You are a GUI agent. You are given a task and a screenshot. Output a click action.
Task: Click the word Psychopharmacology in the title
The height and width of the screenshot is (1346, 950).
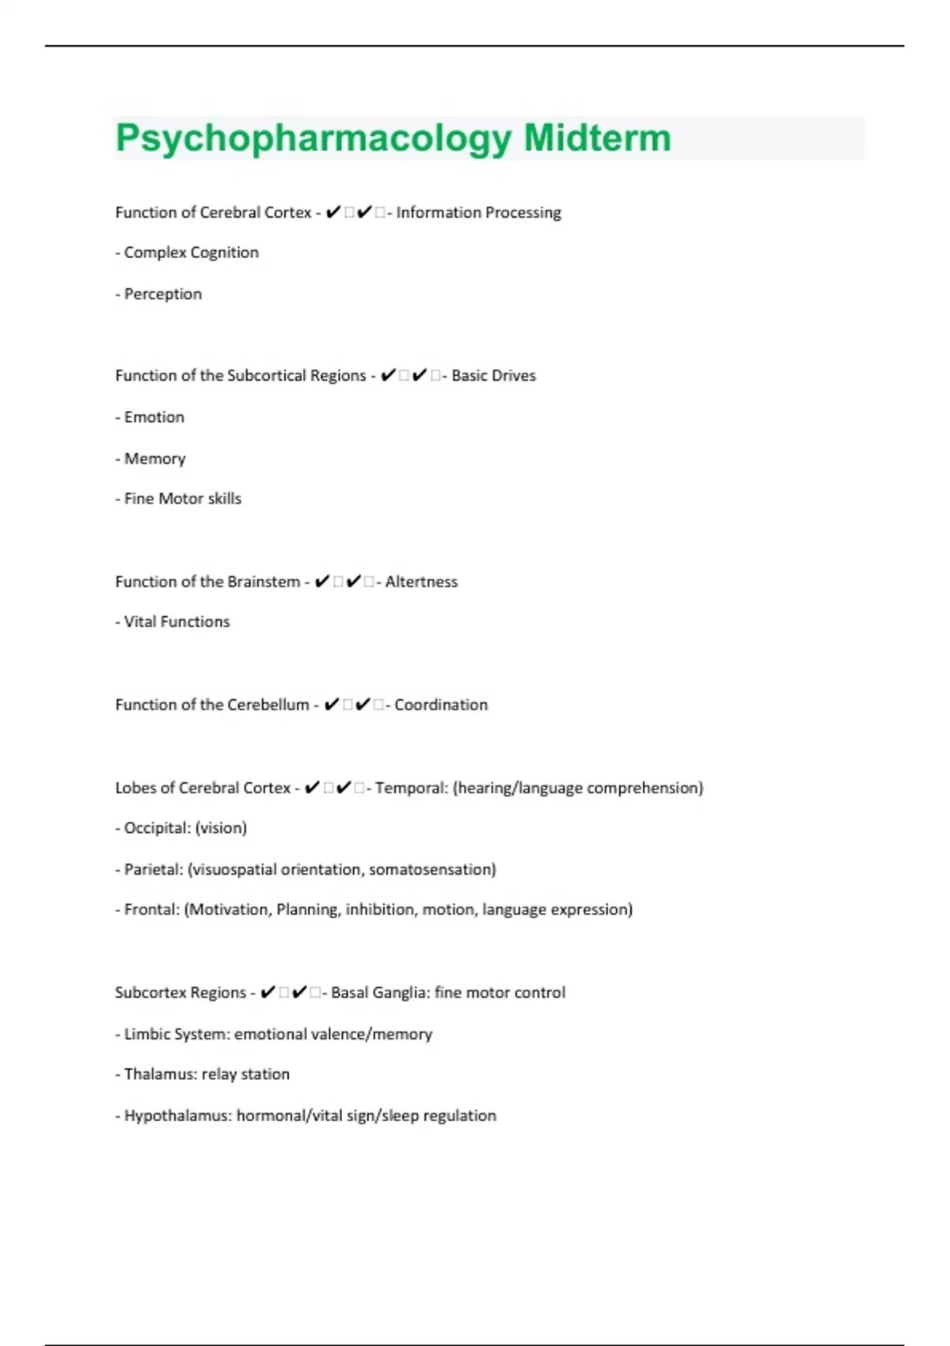(313, 139)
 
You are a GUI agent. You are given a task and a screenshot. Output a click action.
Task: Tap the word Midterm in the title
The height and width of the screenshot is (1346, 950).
(597, 138)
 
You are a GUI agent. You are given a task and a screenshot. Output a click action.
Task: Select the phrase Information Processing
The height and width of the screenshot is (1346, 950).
(478, 212)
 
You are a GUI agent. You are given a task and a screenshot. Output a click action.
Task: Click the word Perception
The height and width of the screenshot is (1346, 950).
(163, 294)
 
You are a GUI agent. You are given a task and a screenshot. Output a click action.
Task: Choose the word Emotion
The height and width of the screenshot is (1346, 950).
(154, 417)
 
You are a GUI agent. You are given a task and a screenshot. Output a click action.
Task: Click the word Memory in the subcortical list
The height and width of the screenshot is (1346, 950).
(155, 459)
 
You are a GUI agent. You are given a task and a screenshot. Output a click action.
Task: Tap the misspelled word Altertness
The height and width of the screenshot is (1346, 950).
(421, 582)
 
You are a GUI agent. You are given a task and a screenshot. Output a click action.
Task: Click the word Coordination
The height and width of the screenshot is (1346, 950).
(441, 705)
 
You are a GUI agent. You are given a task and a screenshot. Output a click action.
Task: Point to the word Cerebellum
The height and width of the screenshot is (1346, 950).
(267, 705)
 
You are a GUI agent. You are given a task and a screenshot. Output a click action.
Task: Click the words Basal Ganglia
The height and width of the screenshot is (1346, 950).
(379, 993)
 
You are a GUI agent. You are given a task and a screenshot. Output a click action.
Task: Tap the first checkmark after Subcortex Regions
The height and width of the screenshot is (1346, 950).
(268, 992)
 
